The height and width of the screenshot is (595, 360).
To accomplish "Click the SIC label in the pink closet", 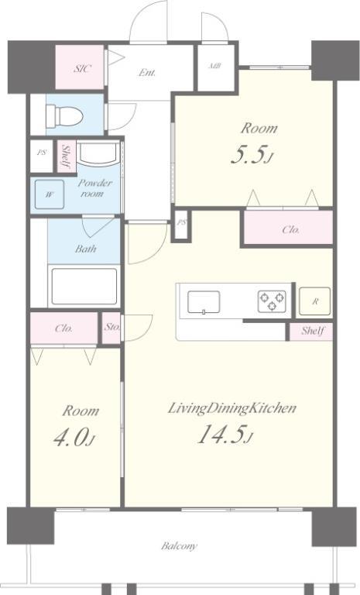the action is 82,69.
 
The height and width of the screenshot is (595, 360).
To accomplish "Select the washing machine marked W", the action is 50,194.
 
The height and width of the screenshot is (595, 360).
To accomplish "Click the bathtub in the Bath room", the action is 84,287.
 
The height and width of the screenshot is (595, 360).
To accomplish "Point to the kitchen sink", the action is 204,302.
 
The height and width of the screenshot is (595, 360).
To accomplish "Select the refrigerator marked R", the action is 314,301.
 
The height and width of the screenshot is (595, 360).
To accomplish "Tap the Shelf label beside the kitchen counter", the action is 313,331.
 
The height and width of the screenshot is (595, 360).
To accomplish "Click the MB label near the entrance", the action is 214,66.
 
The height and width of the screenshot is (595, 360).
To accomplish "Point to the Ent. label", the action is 147,72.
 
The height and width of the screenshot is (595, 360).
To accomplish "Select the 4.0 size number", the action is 74,439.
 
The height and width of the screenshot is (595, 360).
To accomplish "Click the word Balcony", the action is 179,546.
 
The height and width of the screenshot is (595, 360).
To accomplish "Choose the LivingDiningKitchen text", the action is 232,408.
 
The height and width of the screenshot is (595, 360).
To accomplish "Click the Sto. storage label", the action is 112,327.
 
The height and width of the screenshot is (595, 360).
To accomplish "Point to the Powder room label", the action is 94,188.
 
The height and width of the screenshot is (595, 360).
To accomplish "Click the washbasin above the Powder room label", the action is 98,154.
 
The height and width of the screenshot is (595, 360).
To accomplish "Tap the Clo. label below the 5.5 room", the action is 291,229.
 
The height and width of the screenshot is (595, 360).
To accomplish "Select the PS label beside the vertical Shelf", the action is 41,153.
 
